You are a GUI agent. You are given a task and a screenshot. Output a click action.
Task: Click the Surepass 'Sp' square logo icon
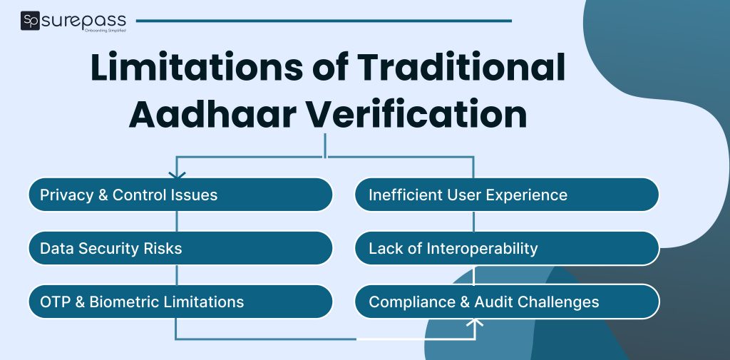[x=30, y=21]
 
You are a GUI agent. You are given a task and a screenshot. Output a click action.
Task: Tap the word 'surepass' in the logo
[x=84, y=19]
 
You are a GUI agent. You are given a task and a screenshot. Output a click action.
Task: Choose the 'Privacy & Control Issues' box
[x=180, y=195]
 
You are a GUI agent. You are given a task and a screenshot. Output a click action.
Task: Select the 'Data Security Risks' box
[x=180, y=248]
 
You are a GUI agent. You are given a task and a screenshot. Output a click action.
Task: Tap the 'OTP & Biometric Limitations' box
[x=180, y=302]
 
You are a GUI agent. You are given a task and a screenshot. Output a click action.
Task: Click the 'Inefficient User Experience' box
[x=507, y=195]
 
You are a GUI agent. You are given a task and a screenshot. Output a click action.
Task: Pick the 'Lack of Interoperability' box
[x=507, y=248]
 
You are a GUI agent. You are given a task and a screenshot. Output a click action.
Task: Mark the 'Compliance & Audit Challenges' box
[x=507, y=302]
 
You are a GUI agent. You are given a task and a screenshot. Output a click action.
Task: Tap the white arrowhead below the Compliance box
[x=475, y=324]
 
